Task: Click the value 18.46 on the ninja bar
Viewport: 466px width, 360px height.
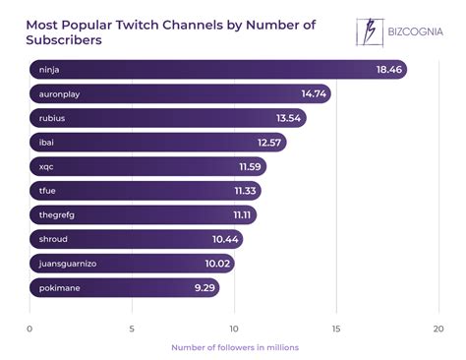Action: [x=388, y=70]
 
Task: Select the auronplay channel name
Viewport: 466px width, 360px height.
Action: [x=62, y=93]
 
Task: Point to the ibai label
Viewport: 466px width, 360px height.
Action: [x=47, y=143]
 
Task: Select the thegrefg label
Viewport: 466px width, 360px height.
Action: [x=59, y=215]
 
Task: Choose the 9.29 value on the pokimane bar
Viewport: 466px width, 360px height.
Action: [x=204, y=288]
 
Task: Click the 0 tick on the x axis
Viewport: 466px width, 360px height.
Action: [x=29, y=328]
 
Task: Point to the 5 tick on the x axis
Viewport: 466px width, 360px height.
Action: [x=132, y=328]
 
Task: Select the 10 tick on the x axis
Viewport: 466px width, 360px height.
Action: [x=234, y=328]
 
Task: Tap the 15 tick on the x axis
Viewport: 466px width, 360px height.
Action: [x=336, y=328]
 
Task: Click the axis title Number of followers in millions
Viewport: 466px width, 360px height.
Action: [x=234, y=347]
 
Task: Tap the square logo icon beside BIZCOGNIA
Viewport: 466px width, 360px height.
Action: [x=370, y=31]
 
